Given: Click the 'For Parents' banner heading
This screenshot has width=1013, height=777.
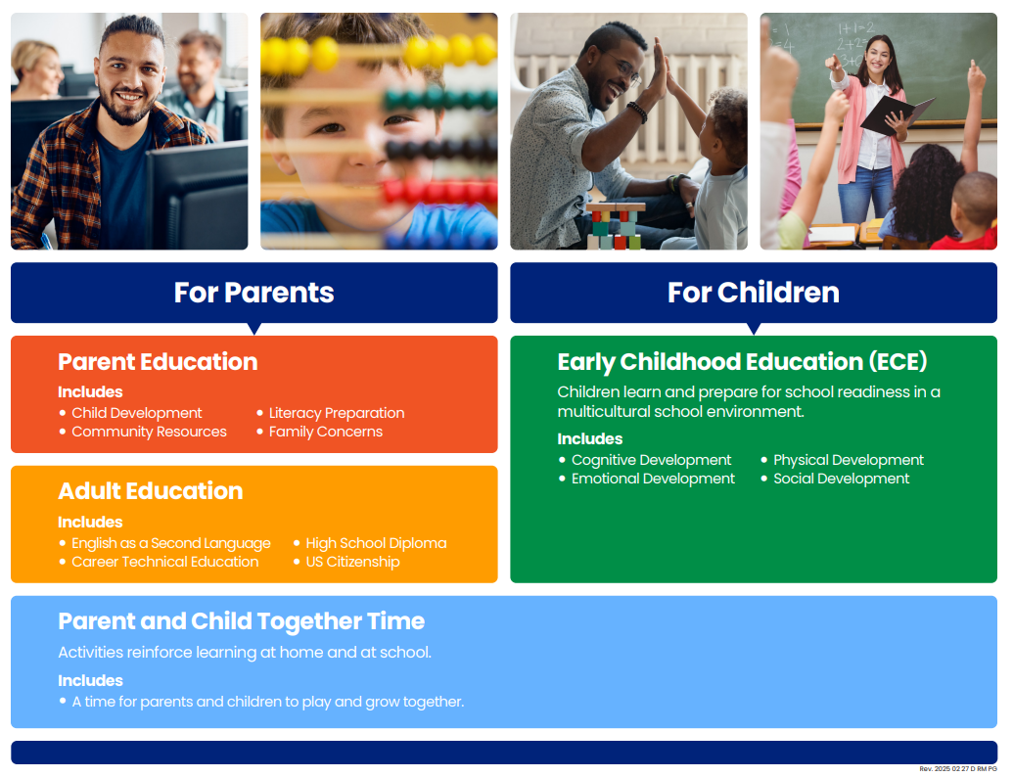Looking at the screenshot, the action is [x=253, y=293].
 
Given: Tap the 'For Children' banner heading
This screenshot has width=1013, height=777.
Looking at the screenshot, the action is [x=754, y=293].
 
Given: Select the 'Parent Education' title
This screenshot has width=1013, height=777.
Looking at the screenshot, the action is [x=158, y=362].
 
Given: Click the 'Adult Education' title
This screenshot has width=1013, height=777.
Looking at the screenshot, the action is [x=151, y=491].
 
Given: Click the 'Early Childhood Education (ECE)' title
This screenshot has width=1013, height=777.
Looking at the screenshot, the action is [x=742, y=362].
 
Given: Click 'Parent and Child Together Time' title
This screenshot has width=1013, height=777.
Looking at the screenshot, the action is [x=242, y=621].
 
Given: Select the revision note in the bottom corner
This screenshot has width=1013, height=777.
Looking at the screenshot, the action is [x=958, y=769].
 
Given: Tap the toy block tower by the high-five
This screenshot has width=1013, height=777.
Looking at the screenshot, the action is [x=615, y=226].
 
